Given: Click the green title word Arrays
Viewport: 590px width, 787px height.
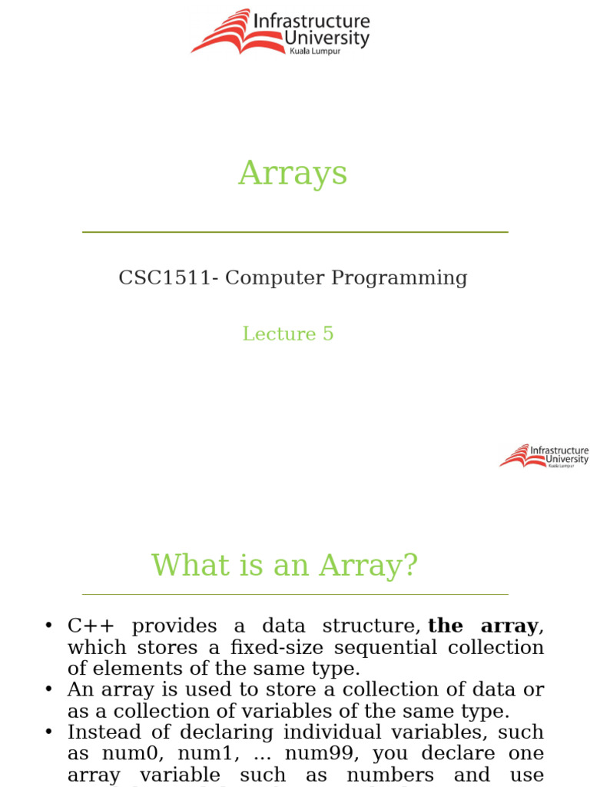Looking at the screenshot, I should (293, 174).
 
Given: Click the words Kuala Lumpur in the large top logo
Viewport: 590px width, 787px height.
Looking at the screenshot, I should (315, 51).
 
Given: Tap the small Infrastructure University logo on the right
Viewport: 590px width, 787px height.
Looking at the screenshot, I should (544, 456).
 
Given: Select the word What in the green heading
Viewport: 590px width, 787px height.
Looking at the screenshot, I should (184, 566).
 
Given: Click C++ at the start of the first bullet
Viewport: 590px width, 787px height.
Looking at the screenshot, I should (91, 626).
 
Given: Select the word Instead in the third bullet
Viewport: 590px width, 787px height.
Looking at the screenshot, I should (104, 732).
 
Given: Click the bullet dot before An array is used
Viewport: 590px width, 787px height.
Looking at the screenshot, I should (48, 690).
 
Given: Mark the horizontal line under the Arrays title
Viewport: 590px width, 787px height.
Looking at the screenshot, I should (295, 231).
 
